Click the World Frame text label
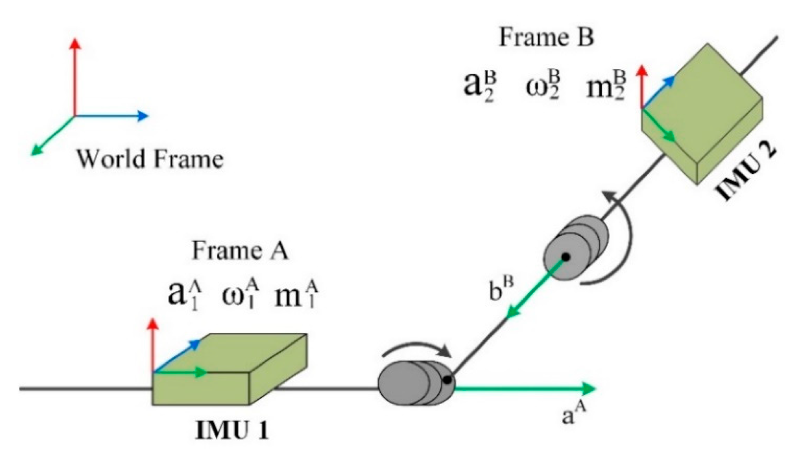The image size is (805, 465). (150, 159)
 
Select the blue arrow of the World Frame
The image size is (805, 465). (111, 116)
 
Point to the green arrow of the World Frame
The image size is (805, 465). (52, 136)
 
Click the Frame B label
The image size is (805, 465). (546, 38)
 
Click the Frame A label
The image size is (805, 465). (240, 250)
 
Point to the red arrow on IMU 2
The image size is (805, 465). (642, 87)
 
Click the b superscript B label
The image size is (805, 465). (502, 288)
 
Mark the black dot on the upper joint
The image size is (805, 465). (566, 257)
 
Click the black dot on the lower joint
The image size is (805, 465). (447, 380)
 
